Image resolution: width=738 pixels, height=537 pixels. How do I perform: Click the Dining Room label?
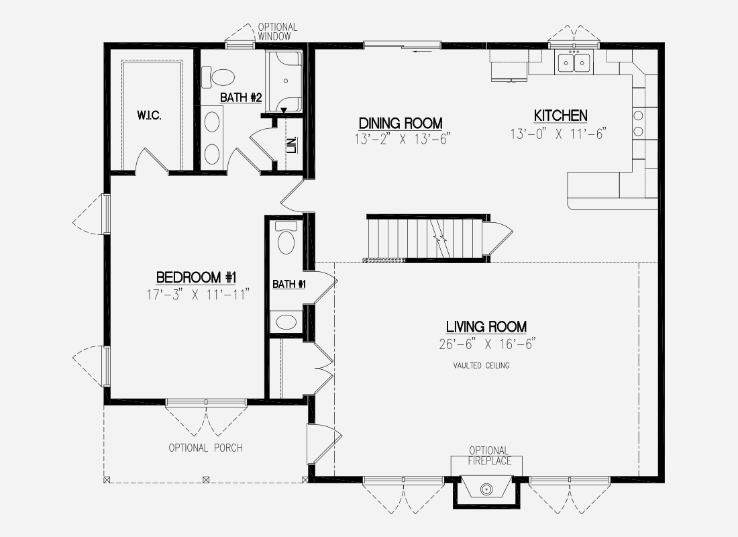401,124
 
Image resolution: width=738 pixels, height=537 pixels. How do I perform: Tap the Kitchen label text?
561,115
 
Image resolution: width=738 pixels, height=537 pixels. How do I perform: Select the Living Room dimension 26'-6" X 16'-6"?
486,344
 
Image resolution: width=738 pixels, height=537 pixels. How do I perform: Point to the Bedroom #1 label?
197,277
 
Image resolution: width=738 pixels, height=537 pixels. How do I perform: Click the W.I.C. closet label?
149,115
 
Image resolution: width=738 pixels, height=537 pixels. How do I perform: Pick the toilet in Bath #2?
217,77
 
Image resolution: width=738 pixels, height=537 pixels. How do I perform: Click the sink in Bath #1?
286,322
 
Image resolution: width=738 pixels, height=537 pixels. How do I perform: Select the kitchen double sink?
574,62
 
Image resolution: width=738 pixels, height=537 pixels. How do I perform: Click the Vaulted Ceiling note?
482,365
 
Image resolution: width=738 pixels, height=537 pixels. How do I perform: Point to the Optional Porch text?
206,448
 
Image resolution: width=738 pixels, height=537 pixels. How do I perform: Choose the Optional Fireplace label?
490,456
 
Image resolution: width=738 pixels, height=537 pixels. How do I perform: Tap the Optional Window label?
277,32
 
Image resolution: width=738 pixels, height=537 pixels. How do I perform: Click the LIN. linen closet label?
293,144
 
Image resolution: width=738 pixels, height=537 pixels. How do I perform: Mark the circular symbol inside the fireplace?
486,489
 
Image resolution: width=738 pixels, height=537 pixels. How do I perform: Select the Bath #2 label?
241,97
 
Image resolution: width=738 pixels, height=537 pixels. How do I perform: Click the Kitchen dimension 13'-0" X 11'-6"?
558,134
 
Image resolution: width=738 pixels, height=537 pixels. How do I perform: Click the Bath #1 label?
289,284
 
